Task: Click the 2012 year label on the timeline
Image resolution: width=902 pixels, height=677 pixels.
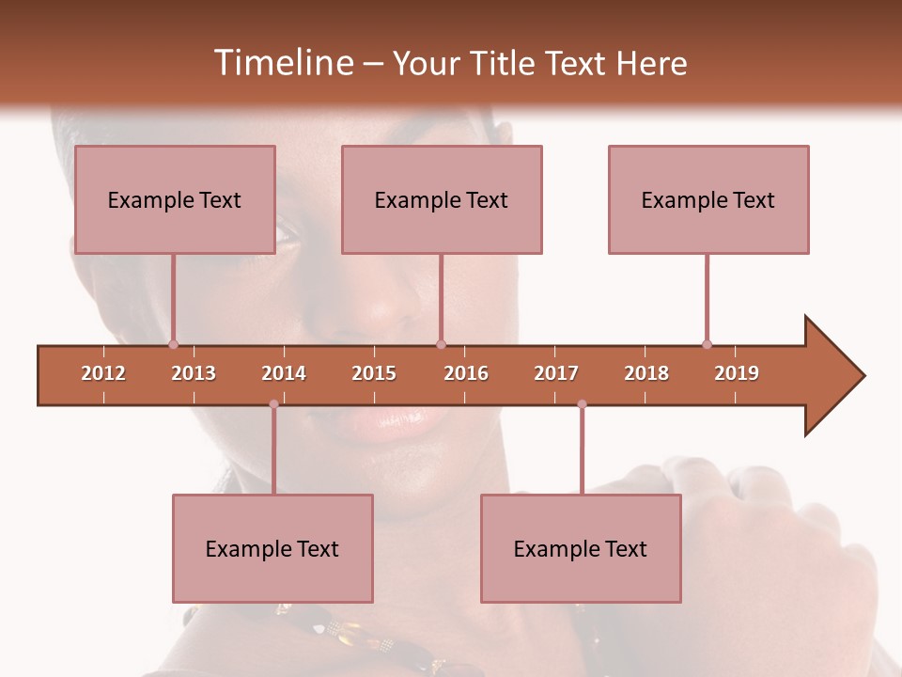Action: click(x=103, y=373)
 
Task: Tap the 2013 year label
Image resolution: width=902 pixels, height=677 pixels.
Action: click(x=194, y=373)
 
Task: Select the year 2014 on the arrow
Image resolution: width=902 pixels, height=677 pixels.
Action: click(x=284, y=373)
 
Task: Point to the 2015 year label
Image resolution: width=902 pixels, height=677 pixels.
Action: click(x=374, y=373)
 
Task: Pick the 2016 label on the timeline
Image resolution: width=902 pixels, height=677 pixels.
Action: click(x=466, y=373)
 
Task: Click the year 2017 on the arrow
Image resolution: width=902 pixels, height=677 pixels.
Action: click(x=556, y=373)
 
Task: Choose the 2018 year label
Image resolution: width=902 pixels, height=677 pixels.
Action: click(x=646, y=373)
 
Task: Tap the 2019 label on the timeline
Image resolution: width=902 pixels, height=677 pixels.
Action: click(x=737, y=373)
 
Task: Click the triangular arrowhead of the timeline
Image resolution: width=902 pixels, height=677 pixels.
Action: click(x=832, y=376)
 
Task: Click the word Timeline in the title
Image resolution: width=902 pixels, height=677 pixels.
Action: click(x=283, y=63)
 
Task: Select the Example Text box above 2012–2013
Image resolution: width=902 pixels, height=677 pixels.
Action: click(x=175, y=199)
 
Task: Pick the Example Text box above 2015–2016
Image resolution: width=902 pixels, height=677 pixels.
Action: click(x=442, y=199)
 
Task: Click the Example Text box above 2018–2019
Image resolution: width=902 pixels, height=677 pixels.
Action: click(x=708, y=199)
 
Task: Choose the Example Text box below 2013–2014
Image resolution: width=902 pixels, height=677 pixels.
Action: click(x=272, y=548)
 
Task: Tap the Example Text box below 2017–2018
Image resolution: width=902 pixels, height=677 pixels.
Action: click(x=581, y=548)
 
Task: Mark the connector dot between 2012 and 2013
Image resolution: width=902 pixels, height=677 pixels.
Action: click(x=173, y=344)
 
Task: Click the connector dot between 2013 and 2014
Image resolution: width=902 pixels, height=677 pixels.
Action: click(x=273, y=404)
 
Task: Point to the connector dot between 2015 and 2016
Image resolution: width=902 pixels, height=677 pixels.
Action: click(x=441, y=344)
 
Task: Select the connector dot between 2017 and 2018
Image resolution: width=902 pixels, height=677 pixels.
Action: click(x=582, y=404)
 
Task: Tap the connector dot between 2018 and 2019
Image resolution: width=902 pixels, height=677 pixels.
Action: click(x=707, y=344)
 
